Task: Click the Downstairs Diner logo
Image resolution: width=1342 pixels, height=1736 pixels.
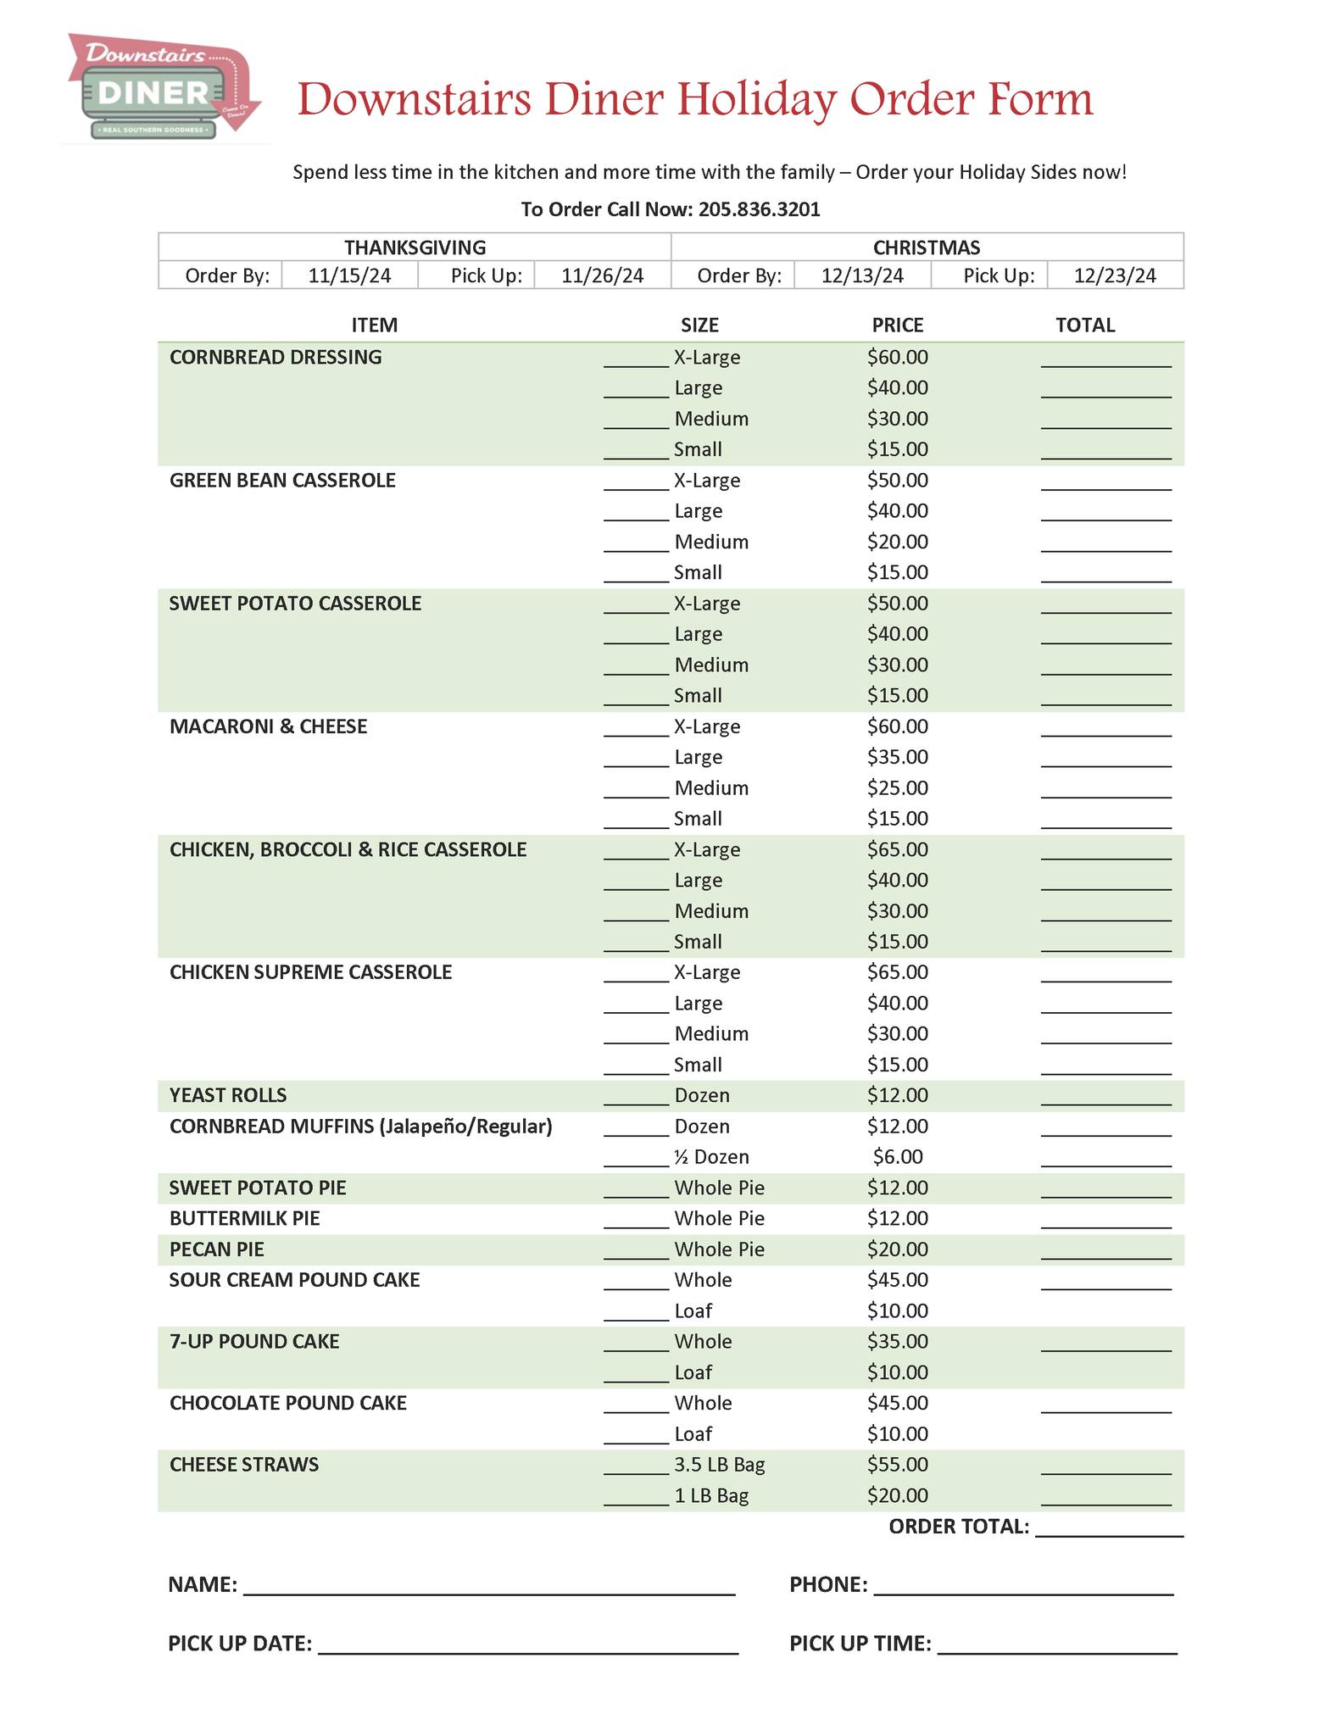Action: [161, 86]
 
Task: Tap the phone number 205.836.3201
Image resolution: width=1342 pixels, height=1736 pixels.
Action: [759, 209]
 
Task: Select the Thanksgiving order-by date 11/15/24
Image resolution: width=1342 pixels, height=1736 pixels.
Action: [349, 275]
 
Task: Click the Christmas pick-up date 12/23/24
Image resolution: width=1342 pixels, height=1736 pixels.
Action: [1114, 275]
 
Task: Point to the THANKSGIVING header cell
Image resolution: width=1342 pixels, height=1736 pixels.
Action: [415, 248]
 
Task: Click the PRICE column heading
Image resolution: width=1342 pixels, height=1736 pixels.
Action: [897, 325]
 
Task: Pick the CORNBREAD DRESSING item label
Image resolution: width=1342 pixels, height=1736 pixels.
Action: [276, 358]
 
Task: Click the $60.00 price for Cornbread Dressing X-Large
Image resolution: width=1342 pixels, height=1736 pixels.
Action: [897, 358]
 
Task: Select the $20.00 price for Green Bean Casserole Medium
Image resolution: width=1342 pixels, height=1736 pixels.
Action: [897, 542]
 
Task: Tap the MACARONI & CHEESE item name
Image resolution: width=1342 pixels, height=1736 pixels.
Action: [268, 726]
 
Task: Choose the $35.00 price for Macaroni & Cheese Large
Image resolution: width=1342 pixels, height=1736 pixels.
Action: [897, 757]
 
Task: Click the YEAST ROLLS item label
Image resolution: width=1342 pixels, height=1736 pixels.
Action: [228, 1095]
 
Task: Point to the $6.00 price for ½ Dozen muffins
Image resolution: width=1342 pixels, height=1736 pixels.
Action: [897, 1157]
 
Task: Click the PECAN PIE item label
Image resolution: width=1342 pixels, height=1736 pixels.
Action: [217, 1249]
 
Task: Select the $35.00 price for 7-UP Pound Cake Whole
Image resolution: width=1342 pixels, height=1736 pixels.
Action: [897, 1342]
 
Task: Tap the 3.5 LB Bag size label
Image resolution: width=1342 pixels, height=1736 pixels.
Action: [719, 1465]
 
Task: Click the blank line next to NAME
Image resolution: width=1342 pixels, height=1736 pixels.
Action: [489, 1587]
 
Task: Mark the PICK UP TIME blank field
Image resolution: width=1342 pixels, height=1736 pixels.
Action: [1057, 1645]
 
